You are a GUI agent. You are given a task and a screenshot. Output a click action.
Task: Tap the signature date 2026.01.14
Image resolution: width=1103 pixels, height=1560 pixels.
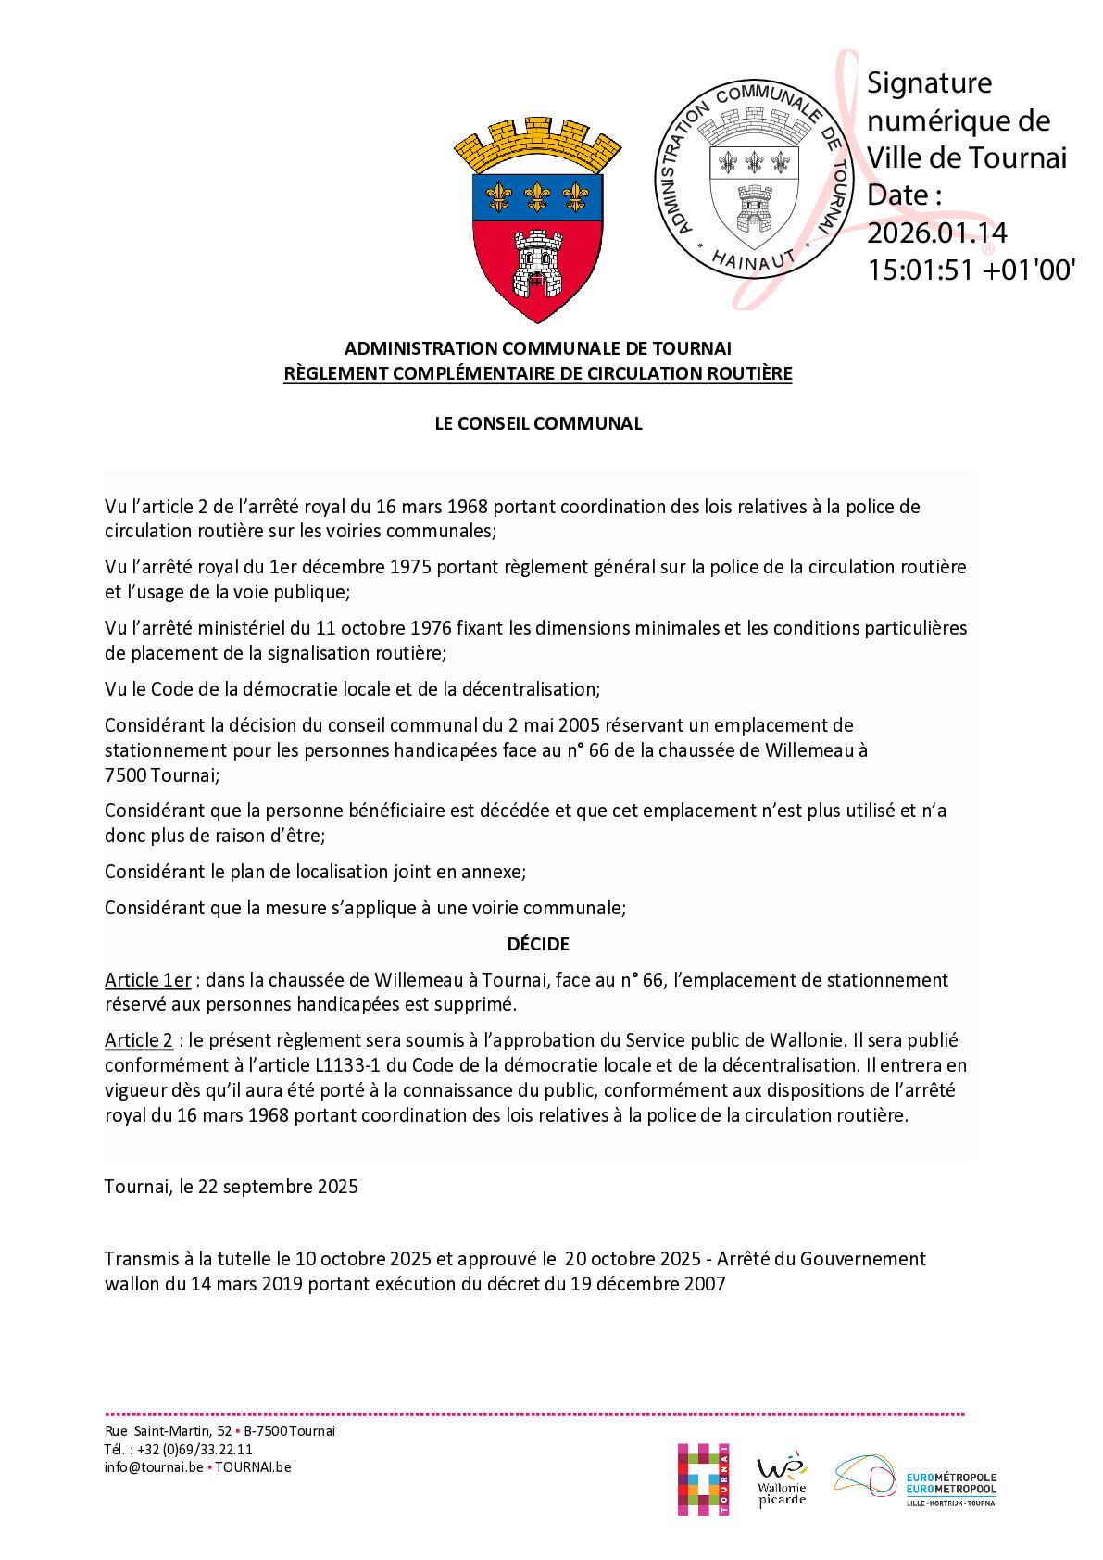tap(936, 233)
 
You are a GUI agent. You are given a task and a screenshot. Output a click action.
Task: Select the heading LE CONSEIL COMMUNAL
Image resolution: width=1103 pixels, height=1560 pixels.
tap(538, 423)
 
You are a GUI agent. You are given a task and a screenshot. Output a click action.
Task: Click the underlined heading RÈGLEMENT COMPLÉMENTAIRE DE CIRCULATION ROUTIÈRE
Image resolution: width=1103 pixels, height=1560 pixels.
tap(538, 374)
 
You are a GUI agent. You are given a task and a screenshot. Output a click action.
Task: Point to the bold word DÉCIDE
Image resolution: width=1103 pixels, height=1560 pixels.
tap(538, 944)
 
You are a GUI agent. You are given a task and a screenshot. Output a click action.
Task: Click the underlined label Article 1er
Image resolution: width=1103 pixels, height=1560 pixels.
tap(147, 980)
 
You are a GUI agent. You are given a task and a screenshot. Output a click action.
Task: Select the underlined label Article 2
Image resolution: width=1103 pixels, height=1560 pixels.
tap(138, 1040)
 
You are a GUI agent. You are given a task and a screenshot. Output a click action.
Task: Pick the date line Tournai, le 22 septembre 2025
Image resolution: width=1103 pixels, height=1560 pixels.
tap(231, 1187)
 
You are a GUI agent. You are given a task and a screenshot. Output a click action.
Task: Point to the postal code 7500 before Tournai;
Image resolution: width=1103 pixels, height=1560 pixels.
tap(124, 774)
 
